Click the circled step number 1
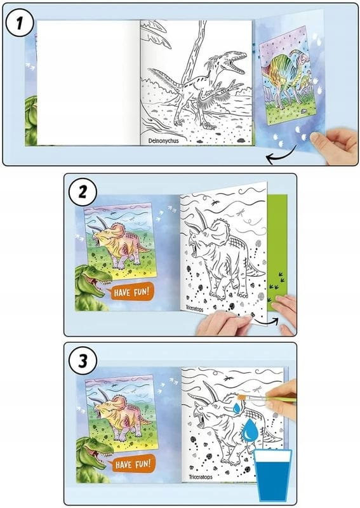coord(20,23)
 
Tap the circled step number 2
coord(83,192)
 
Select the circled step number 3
coord(83,361)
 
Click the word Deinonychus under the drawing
coord(163,141)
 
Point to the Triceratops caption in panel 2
coord(194,308)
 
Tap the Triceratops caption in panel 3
coord(201,477)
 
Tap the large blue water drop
coord(250,430)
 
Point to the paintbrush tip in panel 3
coord(241,397)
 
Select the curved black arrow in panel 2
coord(266,322)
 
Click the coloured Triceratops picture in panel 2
coord(119,241)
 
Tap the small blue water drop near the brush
coord(237,408)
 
